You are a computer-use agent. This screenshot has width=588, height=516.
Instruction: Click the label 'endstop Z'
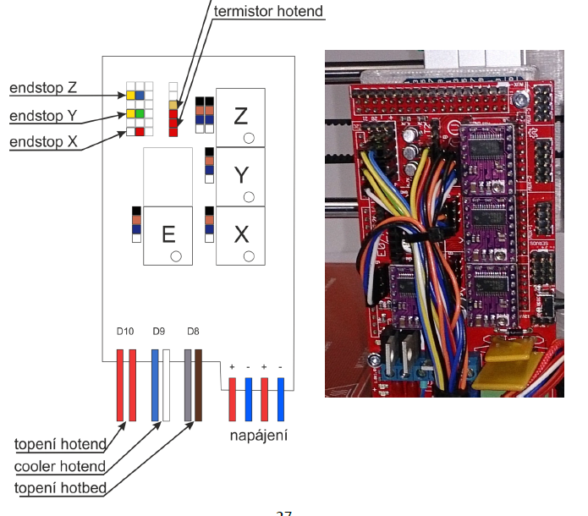coord(44,88)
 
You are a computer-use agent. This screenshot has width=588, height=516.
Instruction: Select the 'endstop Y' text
coord(44,116)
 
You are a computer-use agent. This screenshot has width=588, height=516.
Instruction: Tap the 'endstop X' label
coord(44,143)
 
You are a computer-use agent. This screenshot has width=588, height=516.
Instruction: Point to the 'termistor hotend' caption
coord(268,12)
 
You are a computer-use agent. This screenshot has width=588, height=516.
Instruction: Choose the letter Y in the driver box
coord(240,175)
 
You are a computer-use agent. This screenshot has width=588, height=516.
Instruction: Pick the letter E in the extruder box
coord(168,233)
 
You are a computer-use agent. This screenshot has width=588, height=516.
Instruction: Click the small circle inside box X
coord(249,255)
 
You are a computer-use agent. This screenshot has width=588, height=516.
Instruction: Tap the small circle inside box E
coord(175,255)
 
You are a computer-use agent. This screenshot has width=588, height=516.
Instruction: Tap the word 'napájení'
coord(258,436)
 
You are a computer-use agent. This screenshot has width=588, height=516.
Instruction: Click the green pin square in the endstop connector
coord(140,113)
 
